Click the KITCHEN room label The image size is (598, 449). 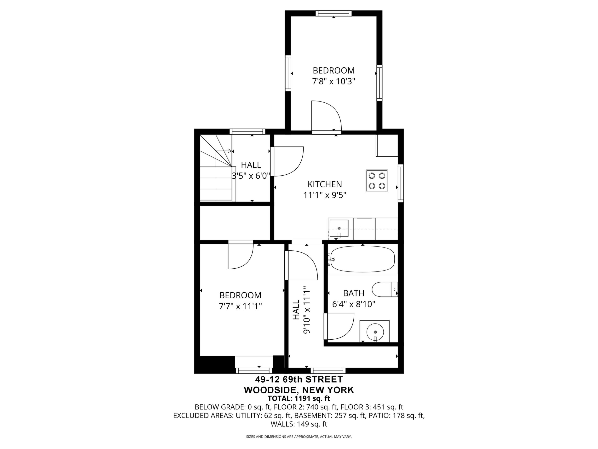[325, 184]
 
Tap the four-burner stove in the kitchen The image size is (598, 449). [377, 181]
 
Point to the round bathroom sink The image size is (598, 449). [375, 332]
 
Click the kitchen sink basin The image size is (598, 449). [339, 228]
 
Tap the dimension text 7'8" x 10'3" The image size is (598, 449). [333, 81]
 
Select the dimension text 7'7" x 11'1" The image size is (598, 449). [240, 306]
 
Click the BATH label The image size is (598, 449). [354, 293]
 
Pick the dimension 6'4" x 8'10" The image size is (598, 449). [354, 304]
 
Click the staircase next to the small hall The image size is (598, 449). [216, 168]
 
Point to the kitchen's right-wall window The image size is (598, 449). [401, 183]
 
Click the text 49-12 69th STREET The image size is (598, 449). [299, 379]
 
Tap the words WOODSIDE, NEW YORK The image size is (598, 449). [299, 390]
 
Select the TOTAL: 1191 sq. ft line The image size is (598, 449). [299, 398]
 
